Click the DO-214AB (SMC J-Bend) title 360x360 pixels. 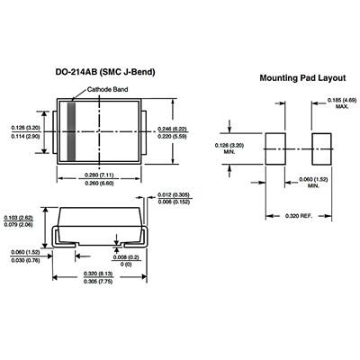point(105,72)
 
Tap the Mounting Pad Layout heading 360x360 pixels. point(302,78)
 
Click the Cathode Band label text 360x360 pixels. point(107,89)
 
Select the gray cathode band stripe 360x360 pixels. point(71,131)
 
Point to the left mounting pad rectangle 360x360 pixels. point(275,148)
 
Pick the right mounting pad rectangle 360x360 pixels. point(322,148)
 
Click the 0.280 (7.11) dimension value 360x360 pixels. point(99,175)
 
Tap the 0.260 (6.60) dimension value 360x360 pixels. point(99,184)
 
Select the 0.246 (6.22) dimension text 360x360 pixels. point(172,130)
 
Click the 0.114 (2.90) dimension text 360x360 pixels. point(26,136)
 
